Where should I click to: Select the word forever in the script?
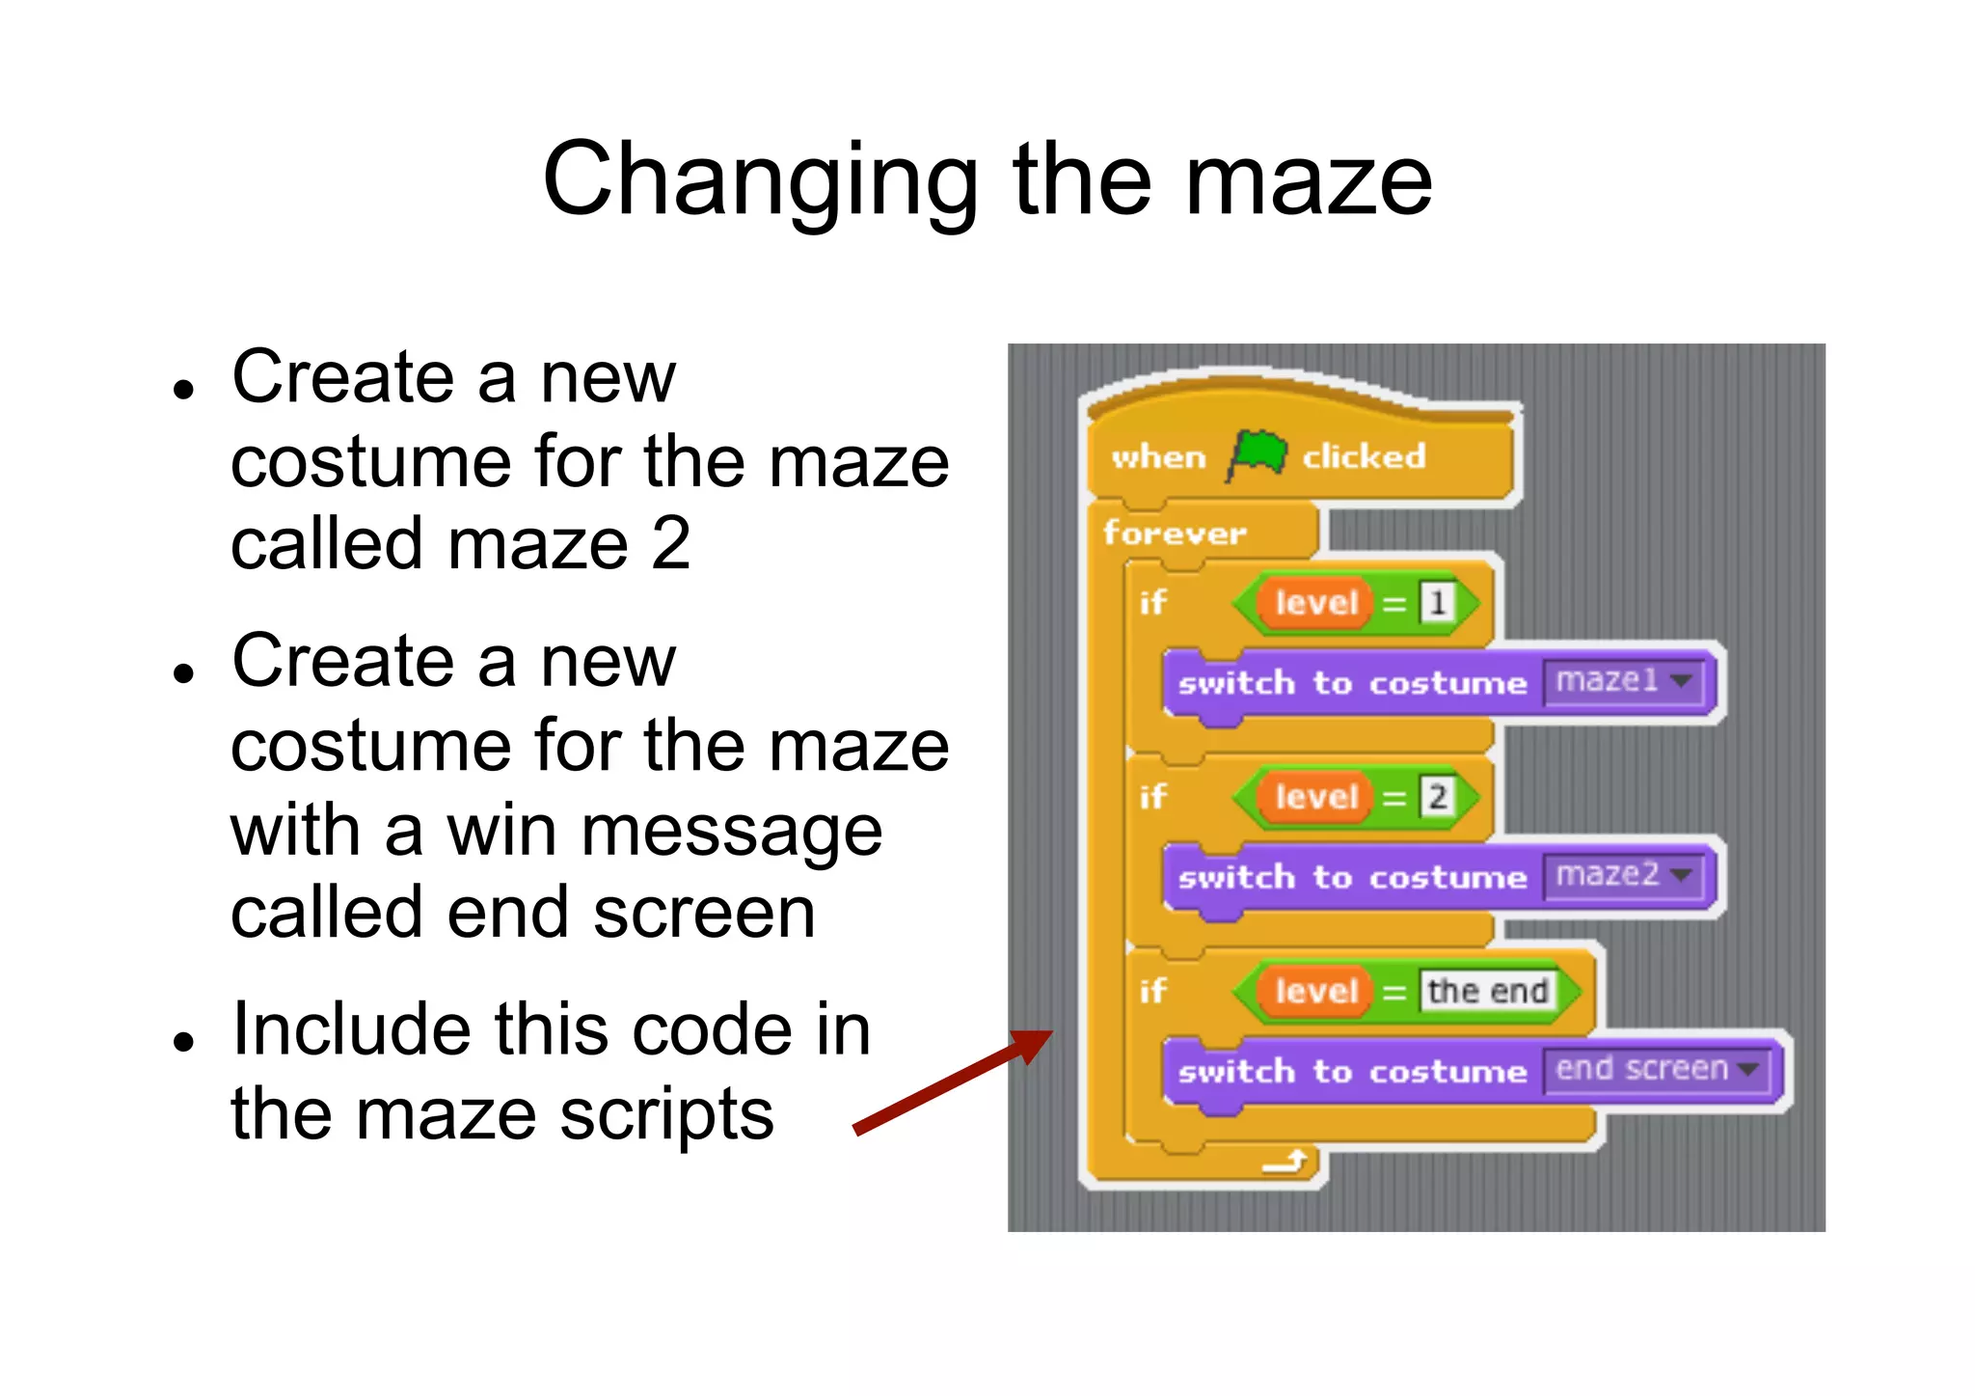click(x=1175, y=533)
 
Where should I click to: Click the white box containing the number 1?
click(x=1437, y=603)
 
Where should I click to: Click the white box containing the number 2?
click(x=1437, y=797)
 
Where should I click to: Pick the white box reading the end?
click(x=1487, y=991)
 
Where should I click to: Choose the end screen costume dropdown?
click(x=1656, y=1069)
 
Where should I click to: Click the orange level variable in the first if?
click(x=1315, y=604)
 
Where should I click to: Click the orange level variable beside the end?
click(x=1315, y=992)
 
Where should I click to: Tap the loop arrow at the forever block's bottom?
click(x=1285, y=1163)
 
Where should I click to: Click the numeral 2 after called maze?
click(x=670, y=543)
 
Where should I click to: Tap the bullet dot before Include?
click(x=184, y=1042)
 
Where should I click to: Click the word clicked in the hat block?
click(x=1364, y=456)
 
